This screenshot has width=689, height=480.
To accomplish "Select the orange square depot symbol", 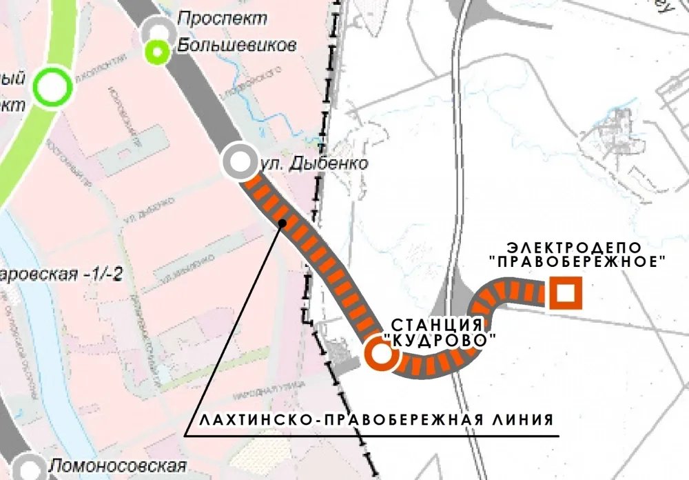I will [x=566, y=294].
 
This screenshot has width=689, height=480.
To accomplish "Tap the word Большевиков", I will [x=236, y=46].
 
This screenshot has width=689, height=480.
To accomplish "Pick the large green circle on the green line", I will [x=53, y=88].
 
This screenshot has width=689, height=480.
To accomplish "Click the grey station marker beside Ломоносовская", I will [x=28, y=467].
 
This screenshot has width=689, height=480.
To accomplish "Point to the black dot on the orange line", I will [x=282, y=223].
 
